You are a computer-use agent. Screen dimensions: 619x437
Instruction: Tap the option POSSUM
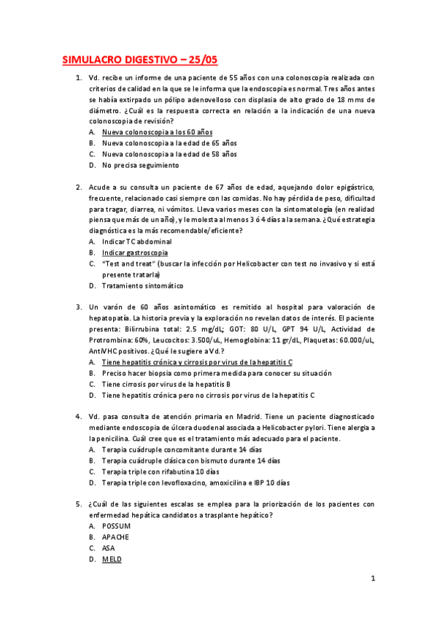point(116,526)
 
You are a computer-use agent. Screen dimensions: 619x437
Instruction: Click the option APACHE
point(115,537)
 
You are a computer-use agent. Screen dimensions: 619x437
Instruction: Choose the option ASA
point(109,547)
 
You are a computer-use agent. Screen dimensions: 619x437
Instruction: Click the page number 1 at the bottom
point(372,579)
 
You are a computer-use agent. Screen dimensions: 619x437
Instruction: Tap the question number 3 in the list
point(78,307)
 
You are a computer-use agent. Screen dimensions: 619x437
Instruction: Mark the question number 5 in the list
point(78,504)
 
